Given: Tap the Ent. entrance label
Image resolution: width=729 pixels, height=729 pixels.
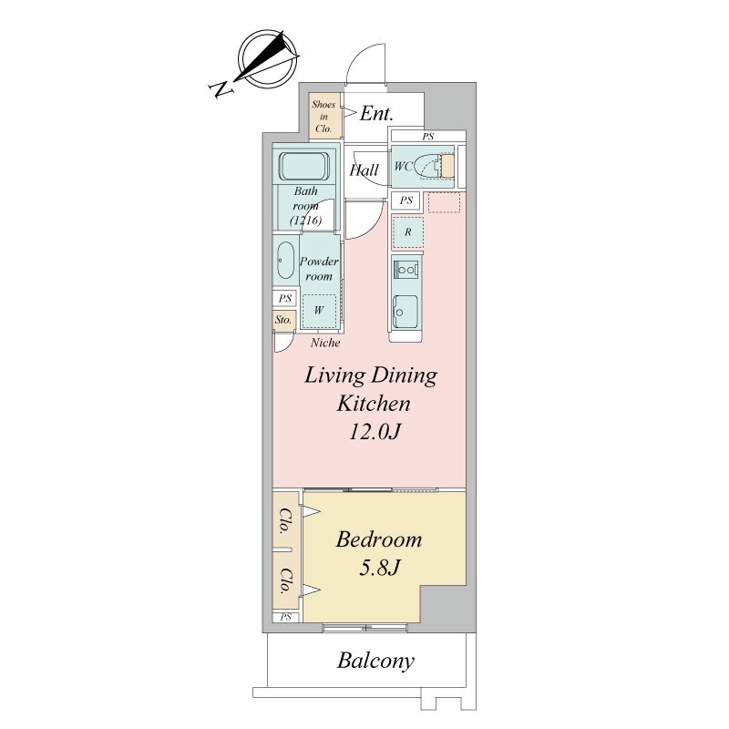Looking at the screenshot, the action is pos(376,113).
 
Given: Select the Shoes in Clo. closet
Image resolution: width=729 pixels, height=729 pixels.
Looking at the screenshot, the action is pos(323,117).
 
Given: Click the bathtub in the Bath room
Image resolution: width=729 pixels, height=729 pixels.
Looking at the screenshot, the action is pos(304,167).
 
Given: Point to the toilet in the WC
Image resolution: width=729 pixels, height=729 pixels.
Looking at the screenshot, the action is pos(430,166).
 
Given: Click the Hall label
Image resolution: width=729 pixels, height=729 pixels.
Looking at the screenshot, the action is pos(364,169).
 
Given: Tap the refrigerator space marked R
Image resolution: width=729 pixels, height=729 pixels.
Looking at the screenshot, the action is pos(407,231).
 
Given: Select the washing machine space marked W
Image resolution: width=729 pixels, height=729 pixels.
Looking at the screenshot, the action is pos(318,311).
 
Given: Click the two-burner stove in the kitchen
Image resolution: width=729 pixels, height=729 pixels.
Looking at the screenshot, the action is pos(406,270).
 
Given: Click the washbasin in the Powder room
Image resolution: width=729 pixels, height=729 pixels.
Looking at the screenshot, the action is pos(285,261).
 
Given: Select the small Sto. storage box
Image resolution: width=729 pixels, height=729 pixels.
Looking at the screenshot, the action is pos(283,321).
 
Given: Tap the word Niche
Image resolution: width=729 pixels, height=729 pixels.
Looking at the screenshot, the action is pos(325,344).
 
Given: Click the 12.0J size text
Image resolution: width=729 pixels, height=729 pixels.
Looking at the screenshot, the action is pos(375,432).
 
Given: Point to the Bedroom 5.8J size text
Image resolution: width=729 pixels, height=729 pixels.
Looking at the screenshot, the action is pos(379,567).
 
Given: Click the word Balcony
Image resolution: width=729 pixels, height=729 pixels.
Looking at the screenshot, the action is pos(375,661).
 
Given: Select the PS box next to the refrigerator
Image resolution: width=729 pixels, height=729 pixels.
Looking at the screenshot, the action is pos(406,200).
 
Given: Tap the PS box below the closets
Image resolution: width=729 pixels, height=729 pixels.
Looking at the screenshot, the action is pos(286,618).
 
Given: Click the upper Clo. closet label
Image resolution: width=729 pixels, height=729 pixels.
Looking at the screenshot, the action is pos(284,521).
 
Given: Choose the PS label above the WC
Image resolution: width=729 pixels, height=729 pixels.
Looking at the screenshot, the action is pos(427,137).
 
